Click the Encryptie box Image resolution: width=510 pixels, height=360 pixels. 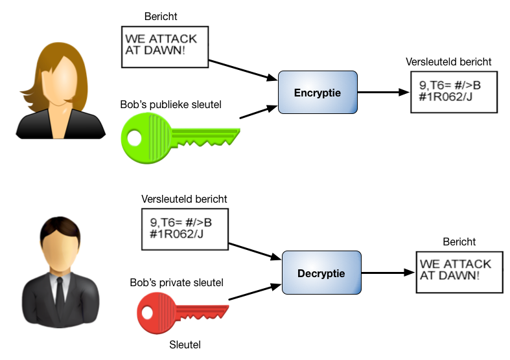click(318, 93)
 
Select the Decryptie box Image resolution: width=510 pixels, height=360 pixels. click(321, 273)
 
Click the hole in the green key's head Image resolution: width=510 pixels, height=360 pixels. click(134, 138)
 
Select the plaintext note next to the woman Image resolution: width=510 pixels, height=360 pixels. click(165, 47)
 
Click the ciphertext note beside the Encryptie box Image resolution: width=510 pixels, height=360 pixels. click(454, 92)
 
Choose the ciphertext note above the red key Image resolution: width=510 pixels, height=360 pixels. click(185, 229)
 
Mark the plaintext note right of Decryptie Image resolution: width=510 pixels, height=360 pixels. click(459, 272)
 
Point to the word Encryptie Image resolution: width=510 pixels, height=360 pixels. click(318, 93)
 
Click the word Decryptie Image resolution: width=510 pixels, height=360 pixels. click(321, 273)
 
